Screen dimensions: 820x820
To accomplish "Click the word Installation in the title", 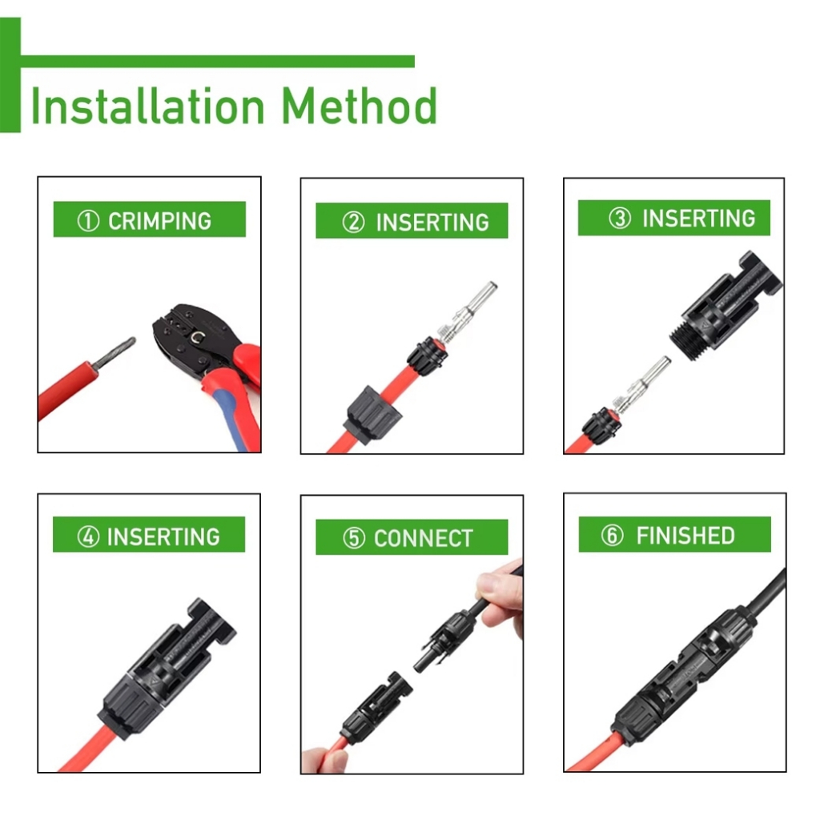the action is point(148,107).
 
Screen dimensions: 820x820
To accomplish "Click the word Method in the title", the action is point(360,107).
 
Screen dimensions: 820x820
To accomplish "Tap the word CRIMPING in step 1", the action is point(159,221).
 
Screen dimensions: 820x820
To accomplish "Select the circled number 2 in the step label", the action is point(353,223).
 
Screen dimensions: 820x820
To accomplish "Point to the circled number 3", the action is point(620,218).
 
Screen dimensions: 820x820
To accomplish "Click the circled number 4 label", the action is point(88,537).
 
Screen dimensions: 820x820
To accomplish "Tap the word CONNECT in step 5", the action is point(424,538).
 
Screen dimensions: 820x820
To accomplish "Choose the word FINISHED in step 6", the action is point(685,536).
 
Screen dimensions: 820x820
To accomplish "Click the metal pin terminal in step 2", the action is point(467,312).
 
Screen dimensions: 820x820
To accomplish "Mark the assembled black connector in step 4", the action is point(167,669).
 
